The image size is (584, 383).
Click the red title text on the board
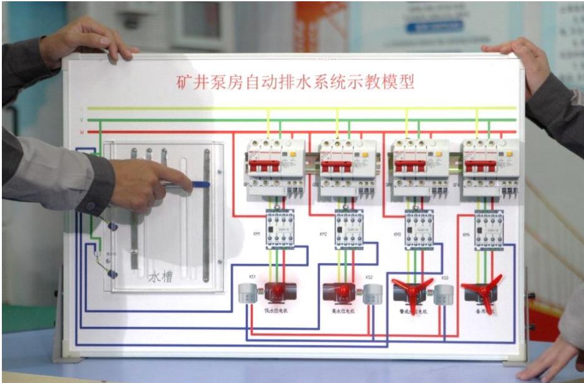(293, 82)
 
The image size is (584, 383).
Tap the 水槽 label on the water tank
(160, 276)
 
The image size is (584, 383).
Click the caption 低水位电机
(275, 310)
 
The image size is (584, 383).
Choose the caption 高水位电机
(343, 310)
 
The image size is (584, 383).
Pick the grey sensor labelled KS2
(372, 294)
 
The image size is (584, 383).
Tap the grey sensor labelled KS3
(442, 294)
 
